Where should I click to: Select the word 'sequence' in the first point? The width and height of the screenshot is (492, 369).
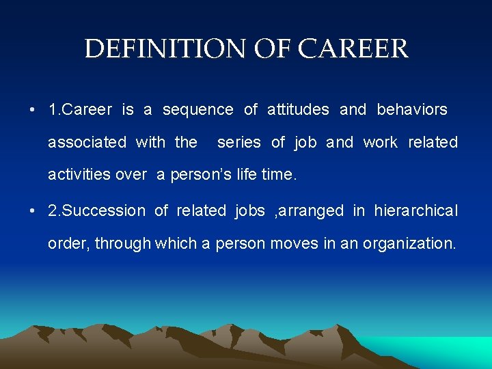click(198, 109)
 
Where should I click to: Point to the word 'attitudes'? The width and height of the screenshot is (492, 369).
click(298, 109)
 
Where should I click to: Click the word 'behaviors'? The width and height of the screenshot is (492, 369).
click(412, 109)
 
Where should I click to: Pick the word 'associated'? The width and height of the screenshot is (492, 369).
click(87, 142)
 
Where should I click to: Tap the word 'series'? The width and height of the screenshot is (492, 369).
click(239, 142)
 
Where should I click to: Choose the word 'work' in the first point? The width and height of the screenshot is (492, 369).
click(380, 142)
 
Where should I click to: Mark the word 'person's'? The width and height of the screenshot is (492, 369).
click(204, 174)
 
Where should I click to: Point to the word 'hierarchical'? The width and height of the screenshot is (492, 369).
click(416, 210)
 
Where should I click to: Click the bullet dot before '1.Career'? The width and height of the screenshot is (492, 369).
click(33, 110)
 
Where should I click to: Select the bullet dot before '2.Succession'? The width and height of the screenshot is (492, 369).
click(33, 211)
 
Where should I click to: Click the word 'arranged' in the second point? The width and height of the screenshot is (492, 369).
click(311, 210)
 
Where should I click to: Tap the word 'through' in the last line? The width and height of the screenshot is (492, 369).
click(123, 243)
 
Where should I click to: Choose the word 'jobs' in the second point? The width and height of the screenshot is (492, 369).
click(249, 210)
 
